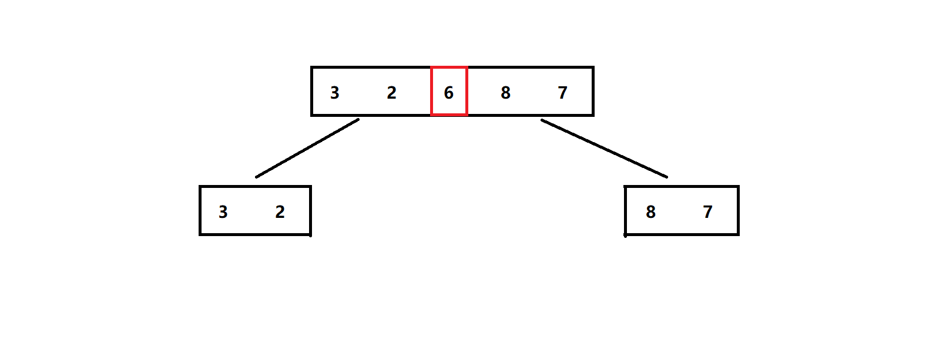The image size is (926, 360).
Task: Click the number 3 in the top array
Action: tap(334, 93)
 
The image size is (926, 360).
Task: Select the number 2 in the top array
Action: tap(391, 93)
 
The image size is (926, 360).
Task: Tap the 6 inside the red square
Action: tap(449, 93)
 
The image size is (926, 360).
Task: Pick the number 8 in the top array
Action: tap(505, 93)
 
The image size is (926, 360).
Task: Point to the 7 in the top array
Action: tap(562, 93)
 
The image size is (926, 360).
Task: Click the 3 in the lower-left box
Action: tap(223, 212)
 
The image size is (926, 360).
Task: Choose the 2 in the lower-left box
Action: tap(280, 212)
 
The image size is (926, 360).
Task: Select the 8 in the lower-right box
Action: tap(650, 212)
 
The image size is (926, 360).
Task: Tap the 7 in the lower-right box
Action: tap(707, 212)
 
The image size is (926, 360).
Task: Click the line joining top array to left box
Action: tap(307, 148)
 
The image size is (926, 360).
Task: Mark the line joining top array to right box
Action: tap(604, 149)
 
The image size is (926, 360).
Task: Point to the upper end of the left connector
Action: tap(358, 120)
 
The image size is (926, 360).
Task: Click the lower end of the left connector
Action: tap(256, 177)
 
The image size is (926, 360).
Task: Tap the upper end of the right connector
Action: tap(542, 120)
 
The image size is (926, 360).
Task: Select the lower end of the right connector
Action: tap(667, 177)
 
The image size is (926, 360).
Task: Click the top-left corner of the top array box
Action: tap(312, 68)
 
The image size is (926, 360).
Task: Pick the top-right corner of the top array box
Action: tap(593, 68)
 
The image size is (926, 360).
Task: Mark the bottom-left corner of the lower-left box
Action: tap(200, 234)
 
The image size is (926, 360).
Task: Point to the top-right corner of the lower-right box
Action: tap(738, 187)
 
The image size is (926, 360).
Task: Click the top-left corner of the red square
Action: tap(432, 68)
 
